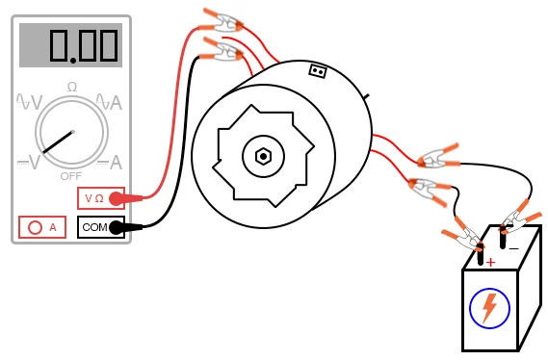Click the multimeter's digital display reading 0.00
point(71,45)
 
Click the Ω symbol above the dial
point(71,87)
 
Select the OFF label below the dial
point(71,176)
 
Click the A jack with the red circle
point(42,227)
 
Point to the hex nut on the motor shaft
point(262,155)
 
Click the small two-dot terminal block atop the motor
point(317,70)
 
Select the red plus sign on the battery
point(490,262)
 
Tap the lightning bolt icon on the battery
point(489,308)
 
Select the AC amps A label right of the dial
point(115,102)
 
